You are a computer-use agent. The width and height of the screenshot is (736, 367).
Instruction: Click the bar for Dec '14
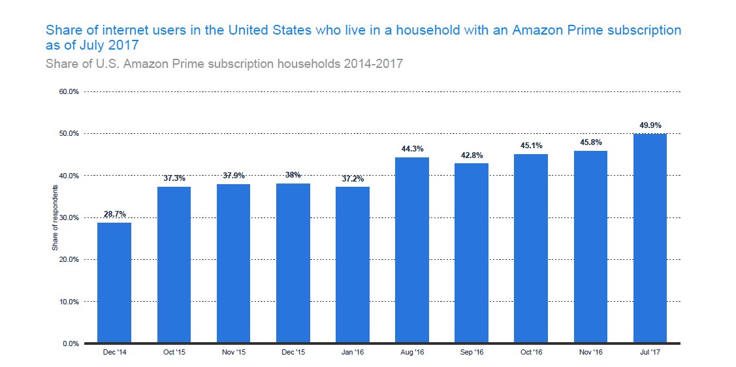point(114,282)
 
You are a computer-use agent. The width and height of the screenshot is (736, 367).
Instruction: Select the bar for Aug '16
point(411,249)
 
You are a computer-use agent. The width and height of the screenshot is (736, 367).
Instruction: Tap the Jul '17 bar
point(649,238)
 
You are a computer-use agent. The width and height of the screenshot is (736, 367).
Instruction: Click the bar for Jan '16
point(352,264)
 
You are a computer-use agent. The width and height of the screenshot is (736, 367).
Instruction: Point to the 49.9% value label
point(650,125)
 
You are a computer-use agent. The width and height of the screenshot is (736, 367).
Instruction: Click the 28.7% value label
point(114,214)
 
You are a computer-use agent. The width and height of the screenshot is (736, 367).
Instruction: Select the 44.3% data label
point(411,148)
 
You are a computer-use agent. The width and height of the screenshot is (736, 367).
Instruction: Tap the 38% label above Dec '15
point(293,174)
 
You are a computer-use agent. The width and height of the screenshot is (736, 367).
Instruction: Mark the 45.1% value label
point(530,145)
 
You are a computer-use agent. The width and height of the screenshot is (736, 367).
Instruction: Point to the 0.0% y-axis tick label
point(70,343)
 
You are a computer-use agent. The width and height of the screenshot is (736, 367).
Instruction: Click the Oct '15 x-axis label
point(174,353)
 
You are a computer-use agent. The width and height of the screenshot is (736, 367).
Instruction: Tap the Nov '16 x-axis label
point(590,353)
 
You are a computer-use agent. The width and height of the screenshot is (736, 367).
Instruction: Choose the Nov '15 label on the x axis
point(233,353)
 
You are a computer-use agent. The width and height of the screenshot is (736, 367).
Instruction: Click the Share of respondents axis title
point(55,217)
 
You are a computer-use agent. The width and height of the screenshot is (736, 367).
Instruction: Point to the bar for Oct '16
point(530,248)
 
